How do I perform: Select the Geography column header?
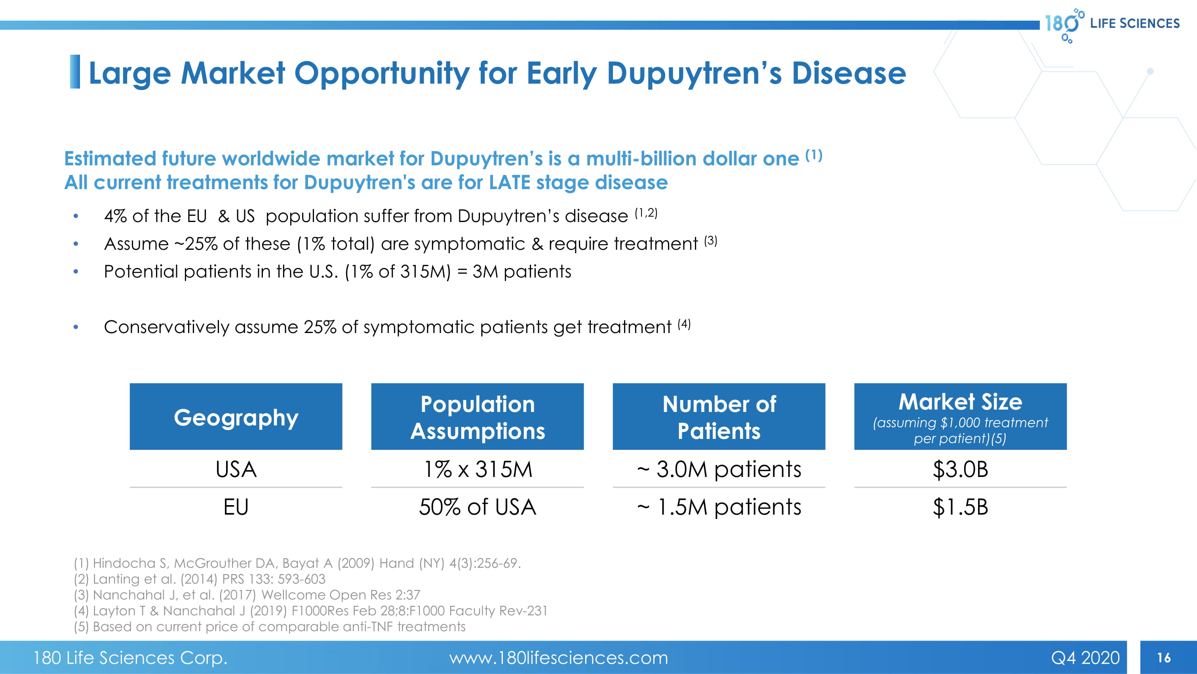[x=236, y=417]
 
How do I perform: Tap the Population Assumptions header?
[x=477, y=417]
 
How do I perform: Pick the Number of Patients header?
[x=719, y=417]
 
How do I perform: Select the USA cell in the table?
[x=236, y=469]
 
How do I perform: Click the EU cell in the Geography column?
[x=236, y=507]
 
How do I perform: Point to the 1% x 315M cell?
[x=478, y=469]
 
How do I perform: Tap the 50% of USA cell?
[x=478, y=507]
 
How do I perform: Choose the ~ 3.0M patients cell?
[x=719, y=469]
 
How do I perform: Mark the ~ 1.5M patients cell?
[x=719, y=507]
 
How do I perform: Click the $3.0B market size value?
[x=961, y=469]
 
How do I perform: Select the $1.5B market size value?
[x=961, y=507]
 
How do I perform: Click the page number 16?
[x=1164, y=657]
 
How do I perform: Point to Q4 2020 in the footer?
[x=1085, y=658]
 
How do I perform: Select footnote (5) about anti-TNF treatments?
[x=270, y=626]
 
